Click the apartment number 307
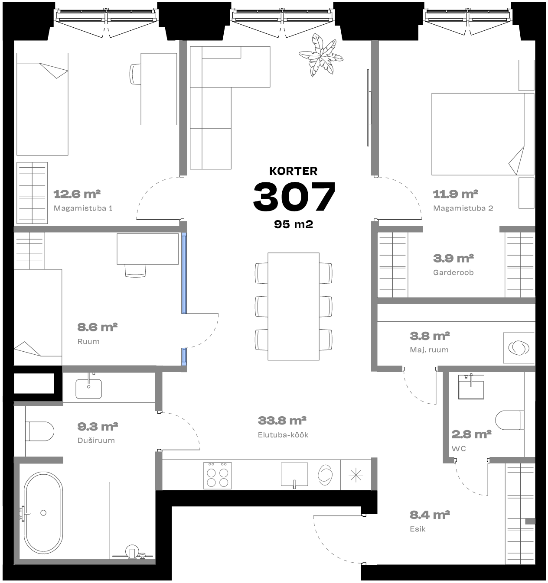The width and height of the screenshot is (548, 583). [x=294, y=196]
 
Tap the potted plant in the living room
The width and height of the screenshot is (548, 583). [x=321, y=55]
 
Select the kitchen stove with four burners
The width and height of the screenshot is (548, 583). [x=218, y=476]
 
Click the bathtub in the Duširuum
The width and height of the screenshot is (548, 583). [x=43, y=513]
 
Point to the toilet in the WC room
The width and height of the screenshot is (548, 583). [x=509, y=420]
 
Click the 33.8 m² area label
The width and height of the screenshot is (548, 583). [x=282, y=421]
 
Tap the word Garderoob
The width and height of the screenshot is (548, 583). [x=453, y=273]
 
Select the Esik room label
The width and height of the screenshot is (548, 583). [x=418, y=529]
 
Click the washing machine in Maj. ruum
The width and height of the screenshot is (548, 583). [x=519, y=348]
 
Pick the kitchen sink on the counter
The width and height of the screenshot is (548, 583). [x=294, y=475]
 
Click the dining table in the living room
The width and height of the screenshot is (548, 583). [x=293, y=306]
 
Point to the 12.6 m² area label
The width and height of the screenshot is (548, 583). [x=77, y=194]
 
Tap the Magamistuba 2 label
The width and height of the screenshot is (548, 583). [x=463, y=208]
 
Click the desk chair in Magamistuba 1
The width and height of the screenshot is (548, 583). [x=135, y=74]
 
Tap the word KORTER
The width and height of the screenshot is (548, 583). [x=293, y=171]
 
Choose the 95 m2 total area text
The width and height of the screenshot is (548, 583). [x=294, y=224]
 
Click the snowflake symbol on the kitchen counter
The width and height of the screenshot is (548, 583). [x=356, y=475]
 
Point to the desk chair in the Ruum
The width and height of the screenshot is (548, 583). [x=135, y=270]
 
